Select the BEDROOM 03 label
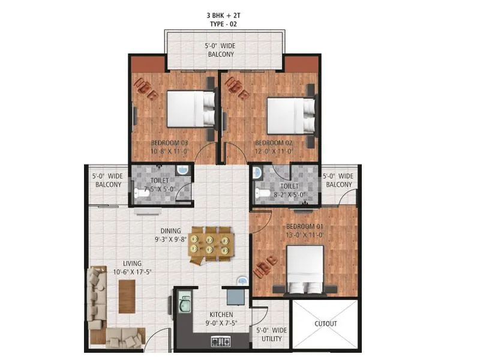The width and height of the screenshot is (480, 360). click(169, 143)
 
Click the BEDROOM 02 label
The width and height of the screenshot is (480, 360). click(274, 143)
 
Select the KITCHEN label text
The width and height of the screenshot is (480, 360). click(221, 315)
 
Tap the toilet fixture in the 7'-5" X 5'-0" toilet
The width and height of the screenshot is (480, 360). click(141, 193)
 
